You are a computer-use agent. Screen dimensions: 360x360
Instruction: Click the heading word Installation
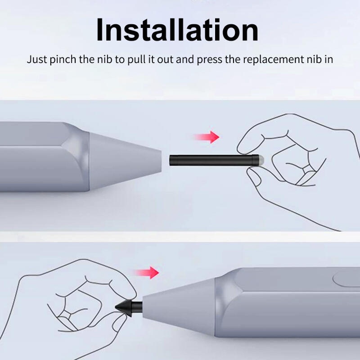click(177, 30)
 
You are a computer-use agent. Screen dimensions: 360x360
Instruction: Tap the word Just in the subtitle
click(37, 59)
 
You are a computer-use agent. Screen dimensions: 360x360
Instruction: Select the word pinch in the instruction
click(63, 59)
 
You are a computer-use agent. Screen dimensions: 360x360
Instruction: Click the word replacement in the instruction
click(274, 59)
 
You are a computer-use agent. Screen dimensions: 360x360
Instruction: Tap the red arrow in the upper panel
click(207, 137)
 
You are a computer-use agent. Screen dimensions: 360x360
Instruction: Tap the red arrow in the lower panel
click(147, 273)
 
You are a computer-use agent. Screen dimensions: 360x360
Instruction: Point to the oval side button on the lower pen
click(346, 279)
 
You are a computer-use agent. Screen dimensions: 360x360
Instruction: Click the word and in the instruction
click(185, 59)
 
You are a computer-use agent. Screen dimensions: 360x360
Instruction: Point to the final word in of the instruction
click(329, 59)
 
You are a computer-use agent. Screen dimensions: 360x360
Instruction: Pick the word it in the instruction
click(151, 59)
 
